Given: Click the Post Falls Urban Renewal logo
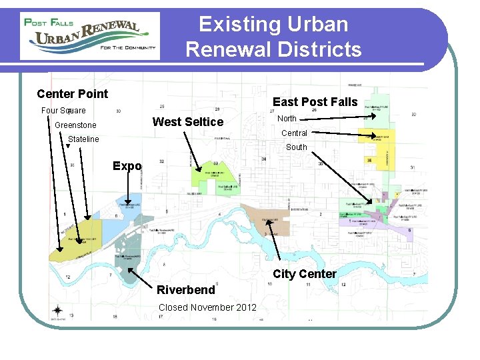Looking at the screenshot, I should click(x=90, y=36).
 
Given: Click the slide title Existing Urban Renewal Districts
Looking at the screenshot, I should click(x=273, y=37).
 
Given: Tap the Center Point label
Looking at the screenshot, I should click(x=72, y=94).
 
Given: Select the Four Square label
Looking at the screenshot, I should click(x=63, y=110).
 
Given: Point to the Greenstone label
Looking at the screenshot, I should click(x=75, y=125).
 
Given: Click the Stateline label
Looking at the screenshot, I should click(x=83, y=139).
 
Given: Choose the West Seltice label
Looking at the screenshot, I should click(x=188, y=121).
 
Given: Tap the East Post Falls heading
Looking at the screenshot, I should click(x=315, y=102).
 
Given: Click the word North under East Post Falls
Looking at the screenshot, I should click(x=287, y=119).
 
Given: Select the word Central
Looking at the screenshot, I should click(x=293, y=133).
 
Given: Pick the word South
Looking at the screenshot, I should click(x=296, y=147).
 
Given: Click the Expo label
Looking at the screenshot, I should click(x=127, y=166).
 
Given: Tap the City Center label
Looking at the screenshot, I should click(x=305, y=274).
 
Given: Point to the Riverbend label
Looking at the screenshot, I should click(x=186, y=290).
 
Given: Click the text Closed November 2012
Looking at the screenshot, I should click(x=207, y=307).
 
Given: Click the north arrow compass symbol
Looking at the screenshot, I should click(x=58, y=311).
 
